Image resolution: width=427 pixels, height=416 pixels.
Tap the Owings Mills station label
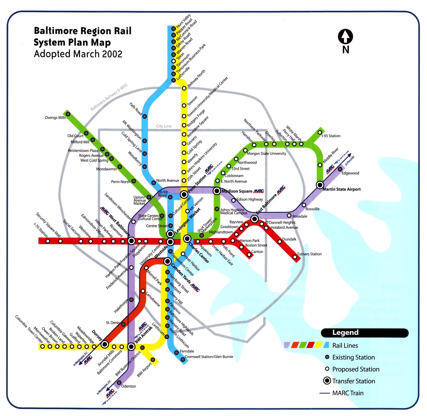click(x=55, y=118)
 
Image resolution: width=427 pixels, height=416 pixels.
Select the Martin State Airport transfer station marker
click(x=320, y=185)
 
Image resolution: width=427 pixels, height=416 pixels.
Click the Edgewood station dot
click(x=340, y=169)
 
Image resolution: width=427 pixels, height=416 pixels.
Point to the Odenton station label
click(x=129, y=386)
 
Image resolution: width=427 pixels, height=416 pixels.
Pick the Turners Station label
click(x=309, y=254)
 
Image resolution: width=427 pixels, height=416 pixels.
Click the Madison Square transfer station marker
click(x=217, y=191)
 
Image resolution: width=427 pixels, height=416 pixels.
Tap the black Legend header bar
click(x=365, y=333)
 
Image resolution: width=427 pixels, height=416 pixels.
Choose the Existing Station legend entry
click(x=353, y=357)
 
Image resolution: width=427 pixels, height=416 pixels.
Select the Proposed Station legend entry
click(x=355, y=369)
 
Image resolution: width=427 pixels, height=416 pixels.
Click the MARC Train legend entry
click(x=348, y=393)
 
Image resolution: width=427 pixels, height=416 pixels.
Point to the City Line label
click(x=164, y=126)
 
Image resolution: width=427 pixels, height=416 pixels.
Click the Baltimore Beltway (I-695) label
click(x=109, y=97)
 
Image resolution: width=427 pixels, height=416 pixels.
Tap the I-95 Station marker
click(x=320, y=132)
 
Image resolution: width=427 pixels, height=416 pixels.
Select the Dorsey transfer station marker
click(x=105, y=344)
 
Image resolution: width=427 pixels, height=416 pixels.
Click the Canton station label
click(x=257, y=252)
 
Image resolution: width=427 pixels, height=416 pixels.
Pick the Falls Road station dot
click(x=145, y=116)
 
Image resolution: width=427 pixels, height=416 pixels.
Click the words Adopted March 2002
click(x=78, y=54)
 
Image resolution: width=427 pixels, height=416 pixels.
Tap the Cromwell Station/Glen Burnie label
click(x=209, y=357)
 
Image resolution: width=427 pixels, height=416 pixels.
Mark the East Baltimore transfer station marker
click(x=254, y=219)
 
